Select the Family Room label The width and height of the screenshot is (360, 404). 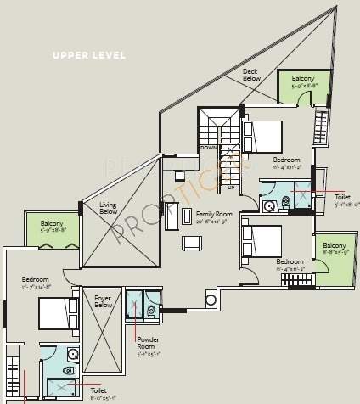click(212, 217)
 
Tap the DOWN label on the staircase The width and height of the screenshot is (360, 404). click(209, 148)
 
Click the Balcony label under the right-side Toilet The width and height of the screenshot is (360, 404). click(335, 248)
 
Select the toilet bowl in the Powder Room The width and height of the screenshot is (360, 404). click(151, 311)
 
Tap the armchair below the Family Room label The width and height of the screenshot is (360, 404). click(193, 243)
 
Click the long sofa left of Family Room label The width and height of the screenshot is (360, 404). click(172, 216)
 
